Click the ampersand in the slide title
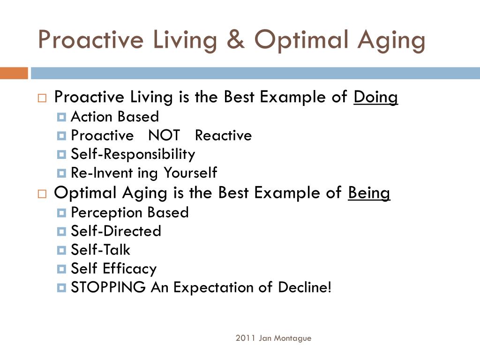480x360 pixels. [237, 40]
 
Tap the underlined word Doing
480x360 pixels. [375, 97]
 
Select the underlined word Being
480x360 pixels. [369, 193]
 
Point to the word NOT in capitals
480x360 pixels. [164, 136]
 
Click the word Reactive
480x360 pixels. [223, 136]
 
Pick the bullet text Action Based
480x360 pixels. [114, 117]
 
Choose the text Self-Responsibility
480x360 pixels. [133, 154]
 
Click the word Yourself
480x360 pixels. [190, 173]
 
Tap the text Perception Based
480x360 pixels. [129, 212]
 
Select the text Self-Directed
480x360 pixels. [116, 231]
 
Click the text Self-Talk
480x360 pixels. [100, 250]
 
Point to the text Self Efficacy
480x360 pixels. [113, 269]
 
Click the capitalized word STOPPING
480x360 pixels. [108, 287]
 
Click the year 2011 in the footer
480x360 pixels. [245, 338]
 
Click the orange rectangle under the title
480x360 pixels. [14, 73]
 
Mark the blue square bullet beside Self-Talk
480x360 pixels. [61, 250]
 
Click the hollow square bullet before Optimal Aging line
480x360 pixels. [42, 194]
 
